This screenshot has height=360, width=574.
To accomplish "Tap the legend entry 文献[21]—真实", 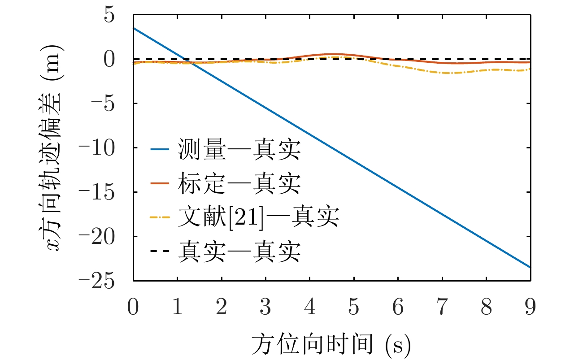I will coord(257,217).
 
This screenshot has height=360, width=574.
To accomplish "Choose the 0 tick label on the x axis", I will coord(133,309).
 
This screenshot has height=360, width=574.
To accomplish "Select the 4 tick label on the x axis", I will coord(310,309).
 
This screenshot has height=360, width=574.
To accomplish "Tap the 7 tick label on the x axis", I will coord(442,309).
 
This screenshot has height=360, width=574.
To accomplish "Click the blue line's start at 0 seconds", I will coord(134,28).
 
